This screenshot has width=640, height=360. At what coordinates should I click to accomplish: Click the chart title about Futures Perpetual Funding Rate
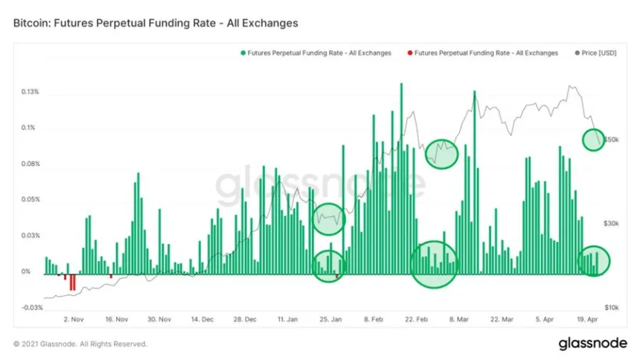[156, 23]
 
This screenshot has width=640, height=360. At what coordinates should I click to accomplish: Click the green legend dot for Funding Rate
[243, 54]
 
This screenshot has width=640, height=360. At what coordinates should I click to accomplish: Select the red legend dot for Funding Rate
[409, 54]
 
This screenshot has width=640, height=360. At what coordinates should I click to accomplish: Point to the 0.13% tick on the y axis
[30, 92]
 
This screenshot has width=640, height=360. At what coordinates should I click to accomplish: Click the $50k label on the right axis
[612, 139]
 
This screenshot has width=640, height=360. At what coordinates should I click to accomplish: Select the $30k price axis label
[612, 223]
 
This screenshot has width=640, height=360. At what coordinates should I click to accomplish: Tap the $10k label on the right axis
[612, 307]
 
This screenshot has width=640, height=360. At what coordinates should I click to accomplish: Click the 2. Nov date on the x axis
[72, 319]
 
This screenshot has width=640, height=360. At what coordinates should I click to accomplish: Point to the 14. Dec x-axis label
[202, 319]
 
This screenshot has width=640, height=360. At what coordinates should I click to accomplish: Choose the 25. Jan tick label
[330, 319]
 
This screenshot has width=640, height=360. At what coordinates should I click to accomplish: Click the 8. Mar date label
[458, 319]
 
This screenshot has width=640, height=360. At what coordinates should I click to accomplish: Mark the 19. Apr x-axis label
[588, 319]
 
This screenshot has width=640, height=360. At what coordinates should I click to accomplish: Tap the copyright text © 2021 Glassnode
[80, 344]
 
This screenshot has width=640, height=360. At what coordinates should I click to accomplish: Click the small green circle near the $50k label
[593, 139]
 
